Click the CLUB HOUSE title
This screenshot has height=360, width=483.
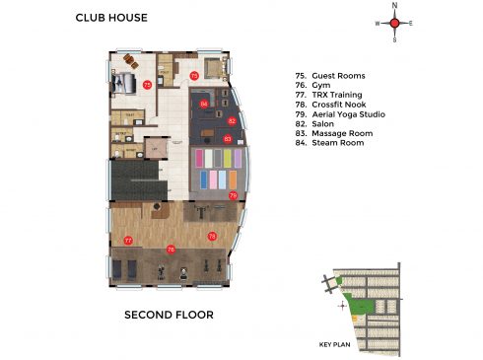[x=111, y=18]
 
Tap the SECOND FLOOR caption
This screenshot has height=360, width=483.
[x=168, y=316]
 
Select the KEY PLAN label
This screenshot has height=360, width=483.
[x=335, y=345]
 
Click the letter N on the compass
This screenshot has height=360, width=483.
[x=394, y=5]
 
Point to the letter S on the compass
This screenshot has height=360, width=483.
[x=394, y=40]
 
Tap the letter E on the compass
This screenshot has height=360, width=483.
[x=411, y=23]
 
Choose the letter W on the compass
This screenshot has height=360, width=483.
[x=377, y=23]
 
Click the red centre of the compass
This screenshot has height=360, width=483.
[x=394, y=23]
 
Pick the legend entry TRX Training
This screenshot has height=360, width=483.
[x=331, y=101]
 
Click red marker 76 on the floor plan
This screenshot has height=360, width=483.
[x=172, y=250]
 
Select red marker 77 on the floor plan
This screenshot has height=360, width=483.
[x=128, y=241]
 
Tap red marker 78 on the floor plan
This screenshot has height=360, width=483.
[x=212, y=237]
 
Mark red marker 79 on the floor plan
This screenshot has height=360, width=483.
[x=233, y=196]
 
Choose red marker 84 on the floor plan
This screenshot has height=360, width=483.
[x=204, y=103]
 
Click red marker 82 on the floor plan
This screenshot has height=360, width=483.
[x=232, y=120]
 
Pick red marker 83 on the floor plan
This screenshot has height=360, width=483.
[x=227, y=139]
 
